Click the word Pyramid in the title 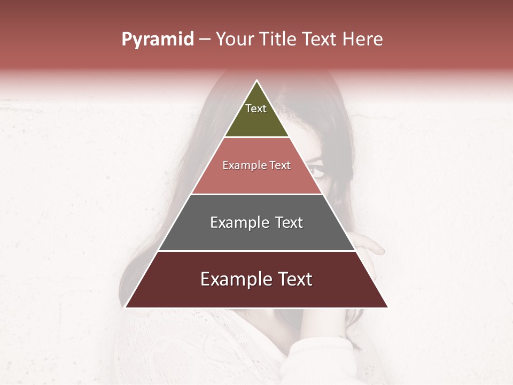coord(157,40)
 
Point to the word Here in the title coord(363,40)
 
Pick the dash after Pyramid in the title coord(205,40)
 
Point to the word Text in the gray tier coord(289,222)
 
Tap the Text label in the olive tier coord(256,109)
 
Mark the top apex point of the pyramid coord(256,81)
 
